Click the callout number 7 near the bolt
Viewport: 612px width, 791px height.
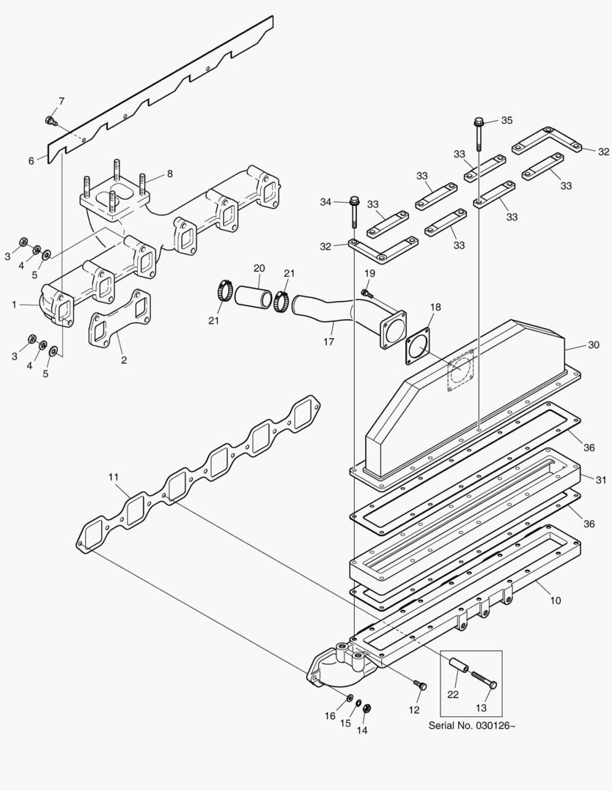click(x=62, y=100)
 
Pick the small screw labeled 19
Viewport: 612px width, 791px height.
click(x=365, y=293)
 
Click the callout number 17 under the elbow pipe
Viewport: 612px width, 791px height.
click(x=329, y=341)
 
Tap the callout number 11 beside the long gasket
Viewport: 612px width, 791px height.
click(x=113, y=478)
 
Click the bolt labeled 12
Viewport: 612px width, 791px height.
click(x=420, y=686)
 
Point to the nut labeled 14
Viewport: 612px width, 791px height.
click(x=368, y=708)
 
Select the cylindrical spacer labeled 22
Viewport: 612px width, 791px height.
click(x=459, y=669)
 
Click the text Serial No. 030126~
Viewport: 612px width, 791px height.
click(x=472, y=726)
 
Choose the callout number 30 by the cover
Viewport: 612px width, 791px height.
click(x=594, y=344)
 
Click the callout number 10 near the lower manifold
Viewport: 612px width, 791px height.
click(x=555, y=601)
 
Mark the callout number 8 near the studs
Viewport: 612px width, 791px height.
click(x=169, y=174)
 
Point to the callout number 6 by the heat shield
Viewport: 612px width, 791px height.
click(x=32, y=160)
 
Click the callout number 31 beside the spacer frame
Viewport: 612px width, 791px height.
click(x=601, y=480)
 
